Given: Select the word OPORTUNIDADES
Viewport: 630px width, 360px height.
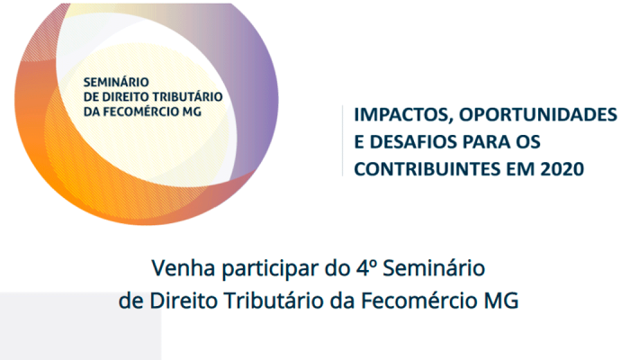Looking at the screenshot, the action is [x=538, y=114].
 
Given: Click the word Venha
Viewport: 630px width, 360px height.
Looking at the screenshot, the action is [x=184, y=268].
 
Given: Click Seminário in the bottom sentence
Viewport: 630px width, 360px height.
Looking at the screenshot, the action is [x=434, y=268].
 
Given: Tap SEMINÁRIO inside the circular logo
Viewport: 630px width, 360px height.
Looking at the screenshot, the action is [x=116, y=82].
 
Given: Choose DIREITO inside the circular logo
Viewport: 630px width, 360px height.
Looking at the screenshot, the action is [x=127, y=97].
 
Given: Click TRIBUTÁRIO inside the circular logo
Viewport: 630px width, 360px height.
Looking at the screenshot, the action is [x=189, y=97].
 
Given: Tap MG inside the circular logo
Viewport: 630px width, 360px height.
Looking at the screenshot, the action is [x=192, y=112].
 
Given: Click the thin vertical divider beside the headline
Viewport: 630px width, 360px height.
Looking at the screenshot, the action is [x=342, y=140].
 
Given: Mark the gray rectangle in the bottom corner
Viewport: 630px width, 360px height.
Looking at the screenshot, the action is [x=80, y=326].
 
